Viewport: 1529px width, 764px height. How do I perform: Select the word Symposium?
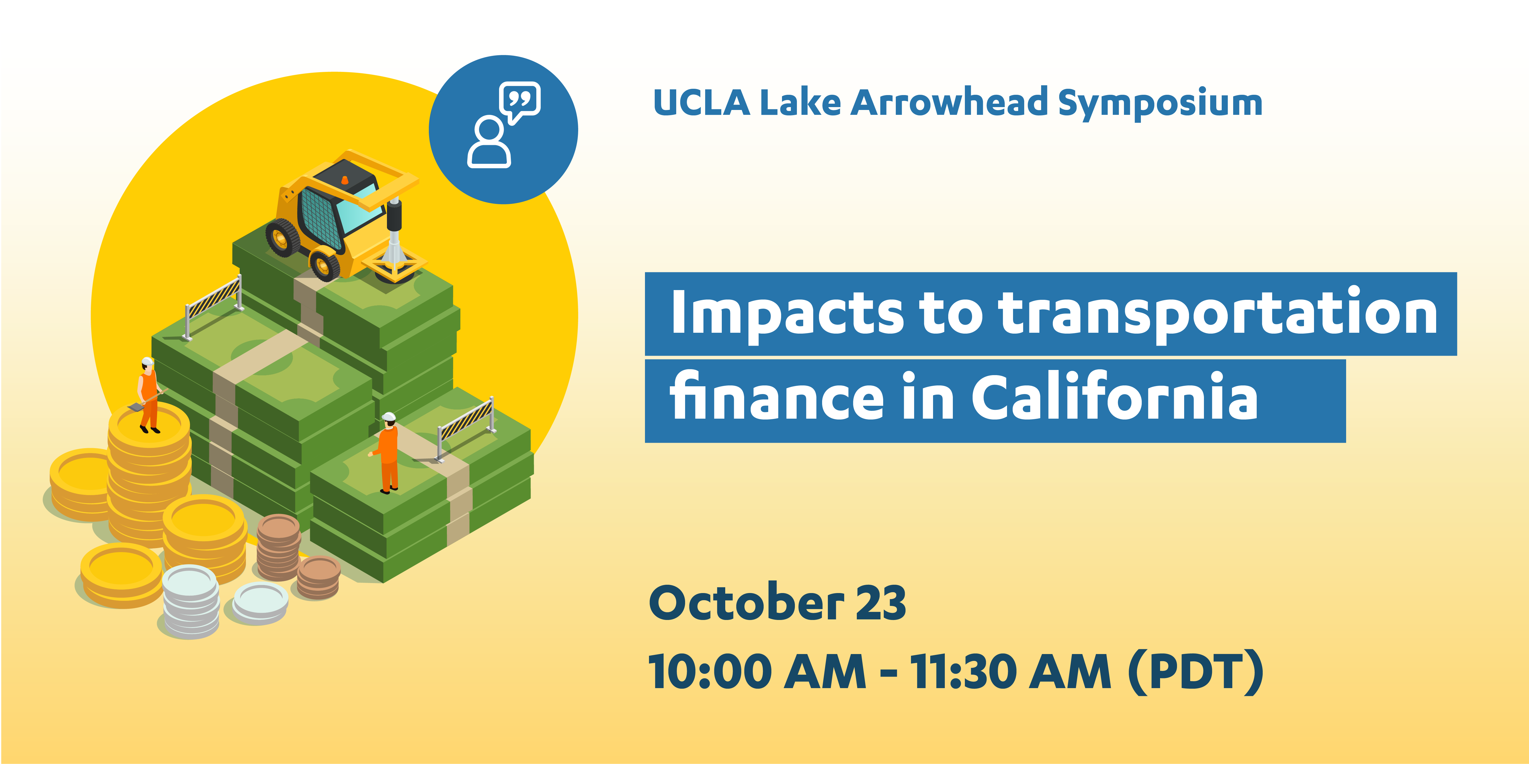pyautogui.click(x=1160, y=104)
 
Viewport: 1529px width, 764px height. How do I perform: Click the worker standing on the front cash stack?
pyautogui.click(x=386, y=453)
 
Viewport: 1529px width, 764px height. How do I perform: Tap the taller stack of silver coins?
pyautogui.click(x=191, y=601)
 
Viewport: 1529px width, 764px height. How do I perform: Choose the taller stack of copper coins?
pyautogui.click(x=278, y=547)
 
